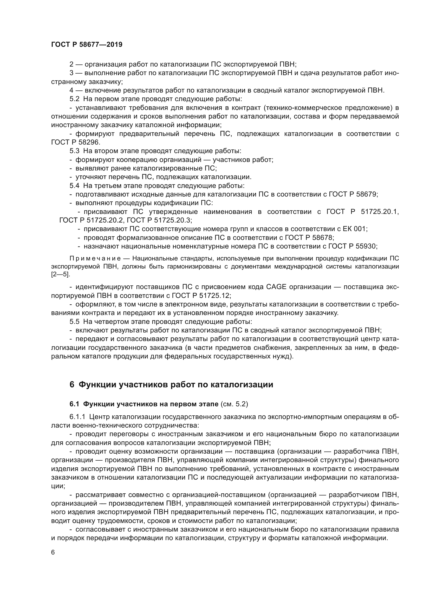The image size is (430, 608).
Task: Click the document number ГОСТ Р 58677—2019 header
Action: pyautogui.click(x=87, y=44)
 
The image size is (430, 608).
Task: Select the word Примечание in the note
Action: pyautogui.click(x=95, y=258)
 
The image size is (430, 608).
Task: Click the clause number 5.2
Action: pyautogui.click(x=74, y=99)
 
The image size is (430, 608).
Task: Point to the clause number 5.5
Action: pyautogui.click(x=74, y=322)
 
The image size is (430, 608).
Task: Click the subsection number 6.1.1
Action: pyautogui.click(x=77, y=417)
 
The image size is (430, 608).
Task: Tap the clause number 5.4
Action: pyautogui.click(x=74, y=186)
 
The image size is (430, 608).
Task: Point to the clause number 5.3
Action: pyautogui.click(x=74, y=151)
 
